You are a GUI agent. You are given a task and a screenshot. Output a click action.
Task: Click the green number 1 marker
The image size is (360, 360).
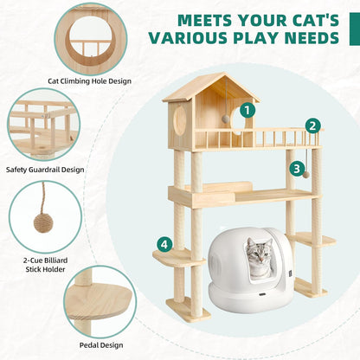(248, 110)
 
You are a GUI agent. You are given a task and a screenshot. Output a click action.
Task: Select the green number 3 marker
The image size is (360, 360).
(297, 169)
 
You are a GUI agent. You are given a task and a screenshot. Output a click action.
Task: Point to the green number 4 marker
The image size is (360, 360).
(164, 245)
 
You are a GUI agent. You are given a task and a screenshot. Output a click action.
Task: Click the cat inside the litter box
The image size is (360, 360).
(259, 258)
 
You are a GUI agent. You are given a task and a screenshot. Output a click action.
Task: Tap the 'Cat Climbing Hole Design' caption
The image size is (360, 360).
(90, 82)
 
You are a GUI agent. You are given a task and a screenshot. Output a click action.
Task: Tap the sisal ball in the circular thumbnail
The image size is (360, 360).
(42, 223)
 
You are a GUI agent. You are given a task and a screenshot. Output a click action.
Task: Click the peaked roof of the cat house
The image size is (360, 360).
(210, 87)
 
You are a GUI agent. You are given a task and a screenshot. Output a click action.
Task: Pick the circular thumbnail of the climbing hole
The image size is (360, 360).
(90, 36)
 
